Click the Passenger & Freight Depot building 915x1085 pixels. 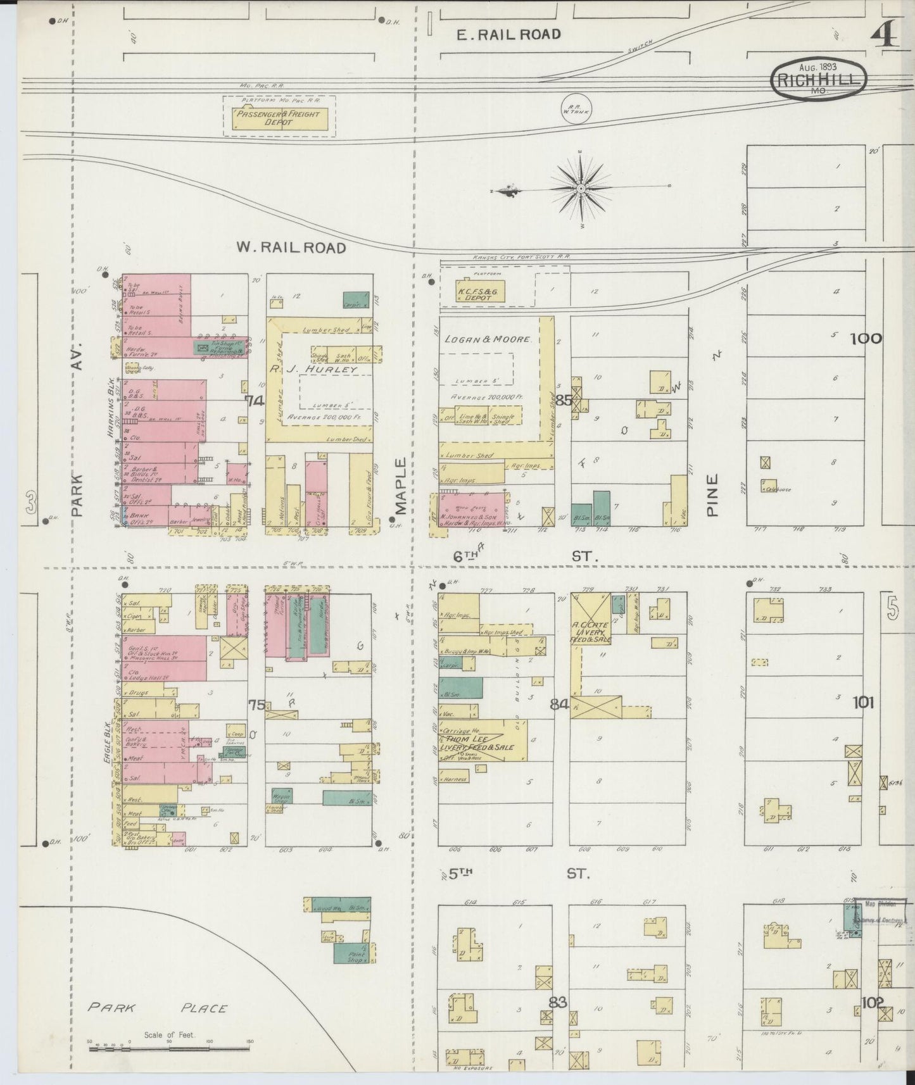point(279,118)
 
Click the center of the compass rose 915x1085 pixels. point(581,189)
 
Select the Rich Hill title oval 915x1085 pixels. point(819,78)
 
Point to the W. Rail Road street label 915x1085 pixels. point(291,248)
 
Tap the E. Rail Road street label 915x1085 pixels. point(508,34)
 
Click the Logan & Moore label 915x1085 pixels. point(487,339)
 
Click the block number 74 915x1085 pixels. point(255,401)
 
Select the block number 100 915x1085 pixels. point(865,339)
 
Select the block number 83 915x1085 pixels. point(558,1003)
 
